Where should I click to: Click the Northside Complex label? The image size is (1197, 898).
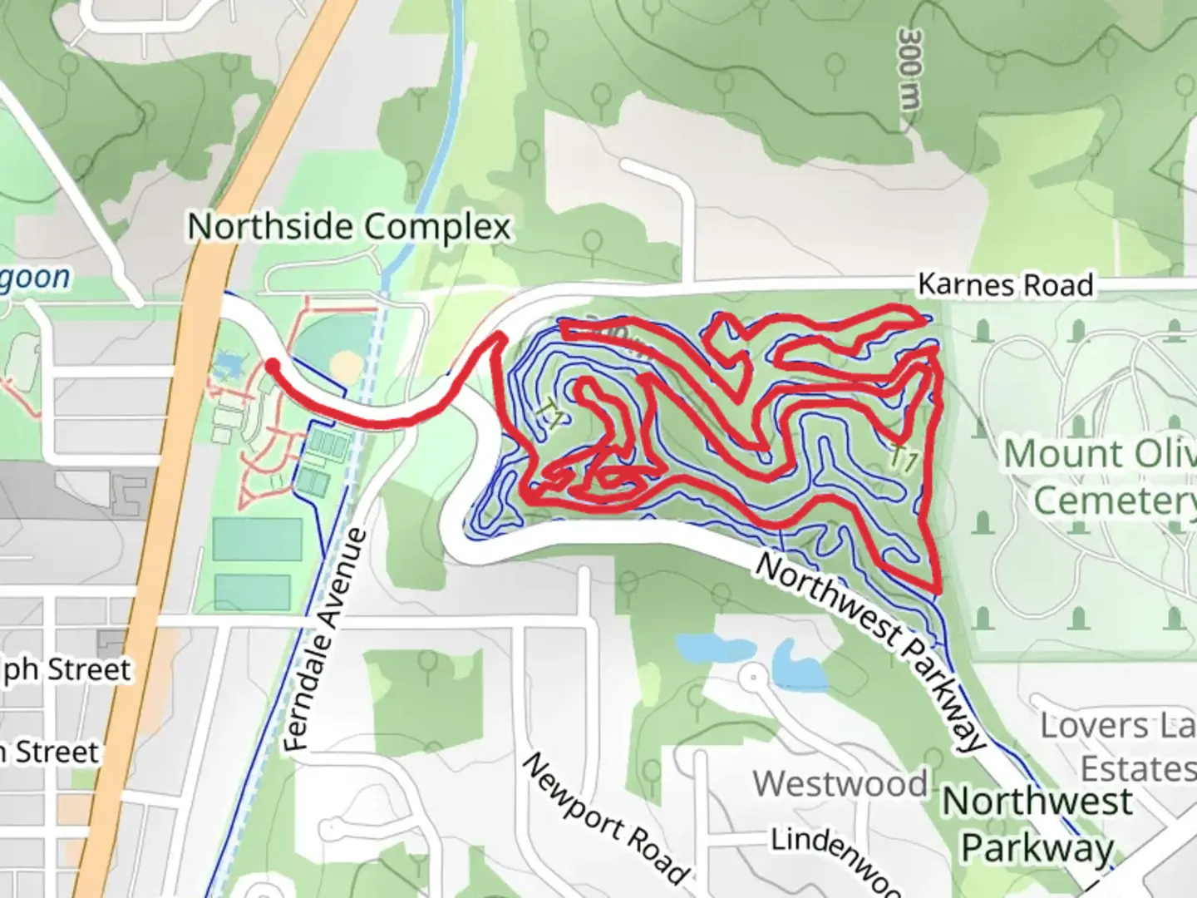349,227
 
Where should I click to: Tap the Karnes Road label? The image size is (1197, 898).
1005,285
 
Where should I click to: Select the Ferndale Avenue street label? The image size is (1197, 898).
325,640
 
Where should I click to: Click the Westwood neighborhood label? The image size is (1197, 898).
840,784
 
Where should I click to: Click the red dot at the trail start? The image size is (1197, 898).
272,365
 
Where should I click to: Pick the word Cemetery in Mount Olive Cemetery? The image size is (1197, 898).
1114,501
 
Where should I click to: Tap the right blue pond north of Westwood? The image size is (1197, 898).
798,665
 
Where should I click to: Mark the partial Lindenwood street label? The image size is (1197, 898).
835,856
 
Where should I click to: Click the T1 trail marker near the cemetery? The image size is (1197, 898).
904,459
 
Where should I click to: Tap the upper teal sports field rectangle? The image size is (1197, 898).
257,539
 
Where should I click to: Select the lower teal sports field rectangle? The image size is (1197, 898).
253,591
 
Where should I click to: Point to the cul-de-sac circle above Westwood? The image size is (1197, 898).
753,677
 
